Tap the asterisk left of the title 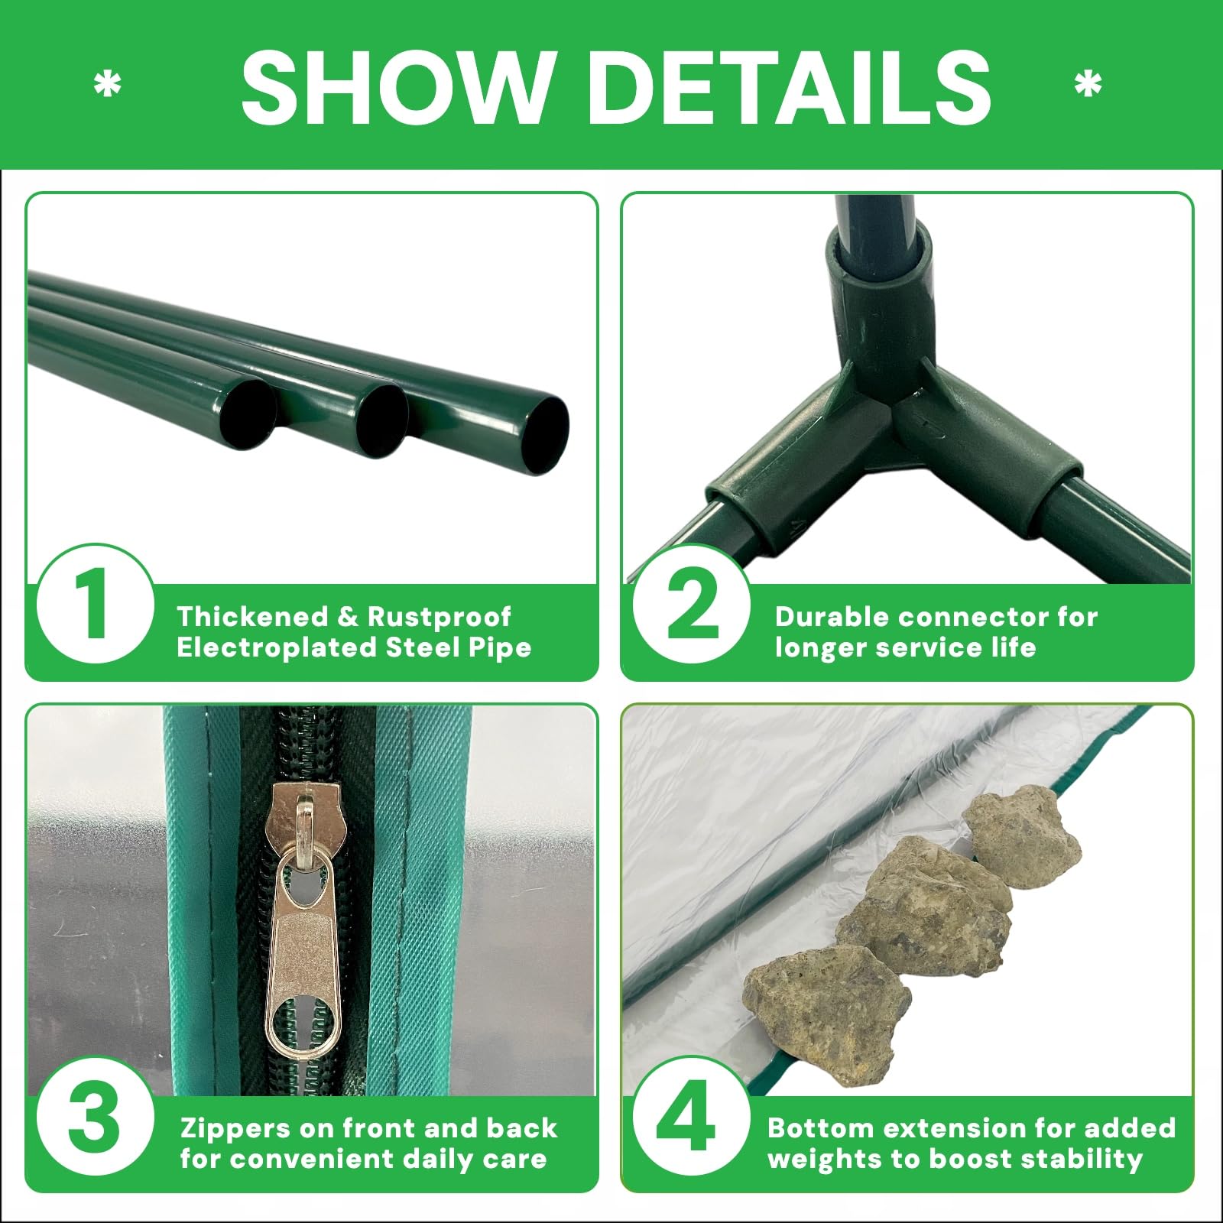[107, 86]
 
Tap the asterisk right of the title [1088, 86]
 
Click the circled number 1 [96, 604]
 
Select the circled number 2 [692, 604]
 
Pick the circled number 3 [96, 1116]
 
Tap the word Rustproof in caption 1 [440, 616]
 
